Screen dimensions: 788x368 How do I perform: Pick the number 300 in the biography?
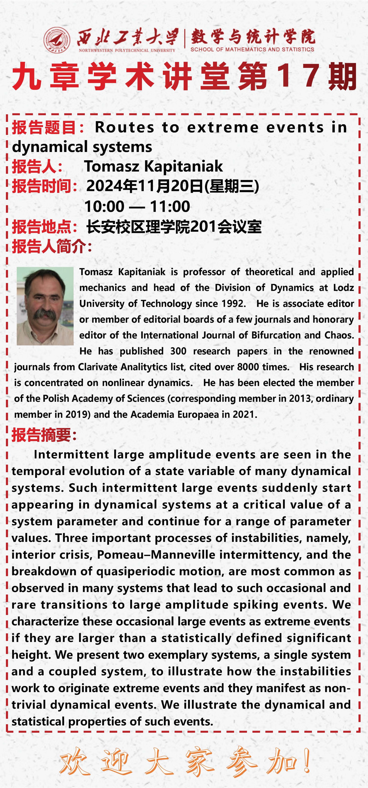coord(178,351)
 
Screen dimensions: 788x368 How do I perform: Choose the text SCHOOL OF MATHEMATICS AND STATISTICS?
coord(252,49)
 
